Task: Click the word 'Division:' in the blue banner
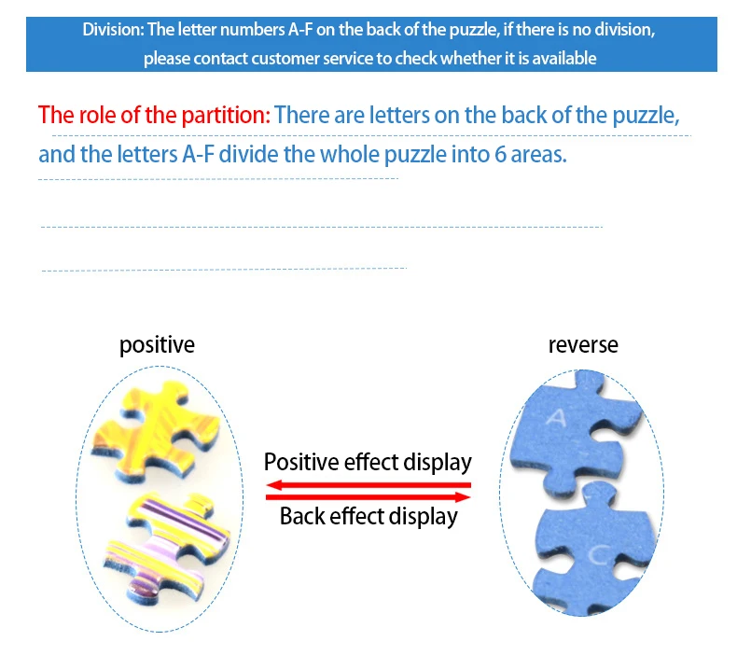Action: [x=113, y=30]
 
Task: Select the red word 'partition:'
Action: [x=226, y=115]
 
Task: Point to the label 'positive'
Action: [x=157, y=345]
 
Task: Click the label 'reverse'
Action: [x=583, y=345]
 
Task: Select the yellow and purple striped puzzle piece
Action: [x=167, y=545]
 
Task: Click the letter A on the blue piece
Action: [x=557, y=417]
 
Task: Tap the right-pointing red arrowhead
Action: [x=463, y=497]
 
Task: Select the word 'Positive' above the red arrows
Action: [x=301, y=462]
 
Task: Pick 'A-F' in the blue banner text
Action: [x=300, y=30]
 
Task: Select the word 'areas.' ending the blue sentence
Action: [x=539, y=156]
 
